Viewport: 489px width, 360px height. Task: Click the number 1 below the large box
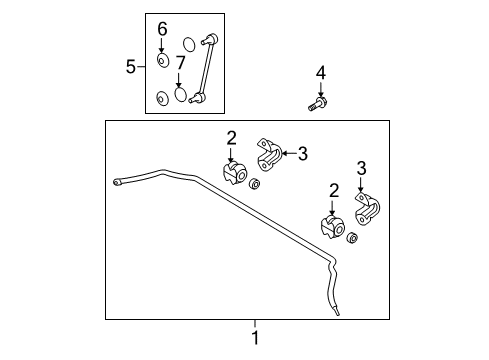(x=255, y=338)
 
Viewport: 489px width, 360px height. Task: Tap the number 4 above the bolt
(x=321, y=73)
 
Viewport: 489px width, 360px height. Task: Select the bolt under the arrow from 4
(x=317, y=104)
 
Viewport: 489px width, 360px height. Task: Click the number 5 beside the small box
(x=131, y=67)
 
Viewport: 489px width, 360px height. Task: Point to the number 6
(x=162, y=29)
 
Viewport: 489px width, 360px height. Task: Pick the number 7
(x=180, y=63)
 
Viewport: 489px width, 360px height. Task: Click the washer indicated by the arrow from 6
(x=163, y=60)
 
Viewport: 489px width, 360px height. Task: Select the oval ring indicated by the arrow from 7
(x=181, y=94)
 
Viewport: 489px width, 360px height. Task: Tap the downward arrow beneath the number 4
(x=321, y=90)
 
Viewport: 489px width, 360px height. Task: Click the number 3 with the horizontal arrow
(x=302, y=154)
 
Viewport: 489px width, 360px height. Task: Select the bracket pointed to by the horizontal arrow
(x=269, y=155)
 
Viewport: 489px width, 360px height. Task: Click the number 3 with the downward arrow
(x=361, y=168)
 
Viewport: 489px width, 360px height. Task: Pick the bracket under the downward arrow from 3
(x=367, y=209)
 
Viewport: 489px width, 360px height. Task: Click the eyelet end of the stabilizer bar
(x=117, y=182)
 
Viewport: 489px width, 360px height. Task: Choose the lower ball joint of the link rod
(x=198, y=98)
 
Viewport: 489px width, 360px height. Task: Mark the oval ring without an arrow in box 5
(x=189, y=45)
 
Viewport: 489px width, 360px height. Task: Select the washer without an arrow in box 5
(x=162, y=99)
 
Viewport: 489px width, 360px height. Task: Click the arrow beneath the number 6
(x=162, y=45)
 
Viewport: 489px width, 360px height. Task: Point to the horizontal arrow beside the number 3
(x=289, y=153)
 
